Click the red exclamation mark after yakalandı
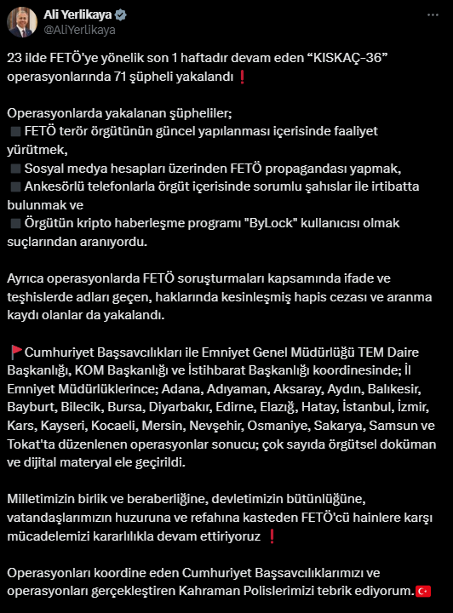pos(243,77)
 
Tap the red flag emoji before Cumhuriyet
pos(15,352)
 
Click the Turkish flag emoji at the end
pos(422,590)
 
